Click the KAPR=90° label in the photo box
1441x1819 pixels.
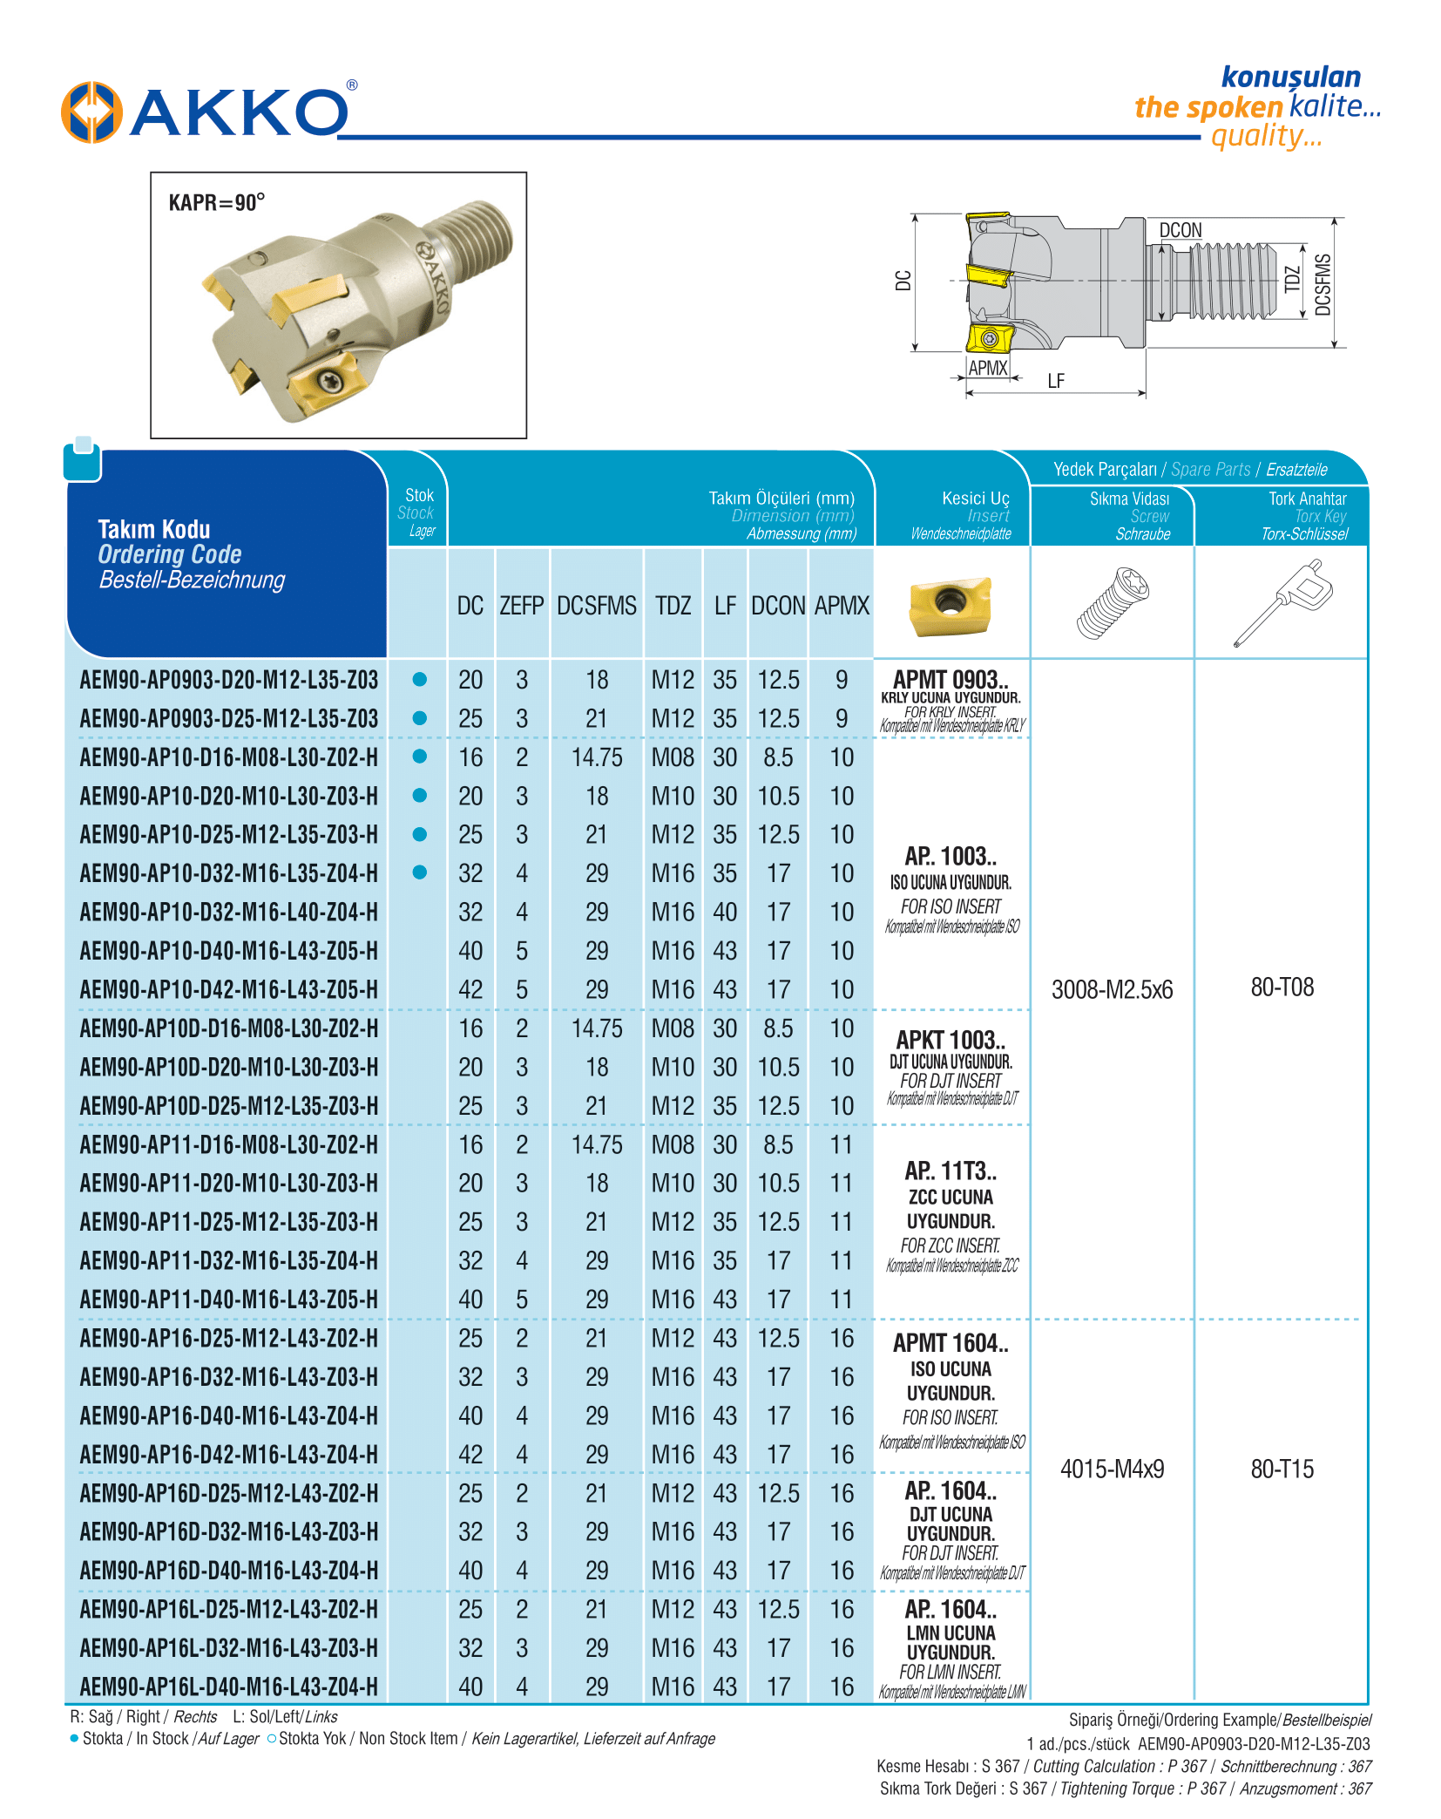click(x=216, y=203)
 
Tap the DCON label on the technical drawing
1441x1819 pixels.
click(x=1180, y=230)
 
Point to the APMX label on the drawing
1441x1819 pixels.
click(x=987, y=368)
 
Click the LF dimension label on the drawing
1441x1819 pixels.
click(x=1056, y=381)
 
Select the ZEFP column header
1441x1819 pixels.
click(x=521, y=606)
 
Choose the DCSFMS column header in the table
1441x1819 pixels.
click(x=597, y=606)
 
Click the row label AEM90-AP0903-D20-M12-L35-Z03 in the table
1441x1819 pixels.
click(x=228, y=680)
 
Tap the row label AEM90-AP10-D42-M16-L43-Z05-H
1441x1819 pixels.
click(x=228, y=989)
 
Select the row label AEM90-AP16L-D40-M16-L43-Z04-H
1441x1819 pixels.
click(x=228, y=1687)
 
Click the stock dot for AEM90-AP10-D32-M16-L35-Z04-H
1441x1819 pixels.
click(x=419, y=872)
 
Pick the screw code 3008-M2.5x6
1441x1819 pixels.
click(x=1112, y=990)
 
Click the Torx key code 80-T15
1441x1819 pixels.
click(x=1282, y=1469)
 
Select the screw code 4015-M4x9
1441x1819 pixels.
click(x=1112, y=1469)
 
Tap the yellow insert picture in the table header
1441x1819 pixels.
click(x=950, y=604)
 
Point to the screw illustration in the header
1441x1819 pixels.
click(x=1113, y=602)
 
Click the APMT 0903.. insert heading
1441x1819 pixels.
click(x=951, y=680)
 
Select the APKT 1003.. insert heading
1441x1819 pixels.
click(x=951, y=1040)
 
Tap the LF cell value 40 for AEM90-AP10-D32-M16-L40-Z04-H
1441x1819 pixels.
click(x=725, y=912)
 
